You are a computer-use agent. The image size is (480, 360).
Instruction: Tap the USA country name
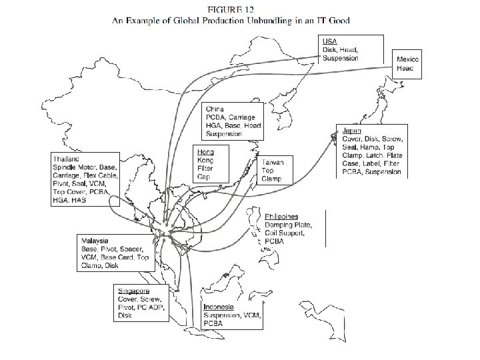pos(330,41)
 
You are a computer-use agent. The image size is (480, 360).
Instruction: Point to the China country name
pos(215,108)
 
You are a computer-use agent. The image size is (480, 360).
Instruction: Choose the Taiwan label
pos(273,162)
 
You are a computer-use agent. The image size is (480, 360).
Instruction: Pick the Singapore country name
pos(133,291)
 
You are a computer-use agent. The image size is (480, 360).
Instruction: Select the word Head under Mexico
pos(405,68)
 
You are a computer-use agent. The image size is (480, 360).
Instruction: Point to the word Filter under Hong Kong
pos(205,169)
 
